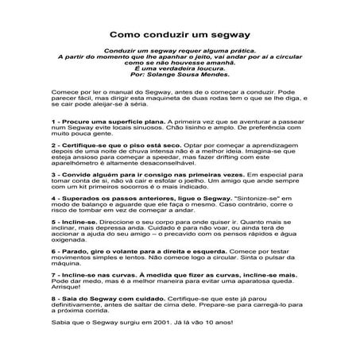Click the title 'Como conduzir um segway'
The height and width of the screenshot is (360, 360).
pyautogui.click(x=180, y=35)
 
